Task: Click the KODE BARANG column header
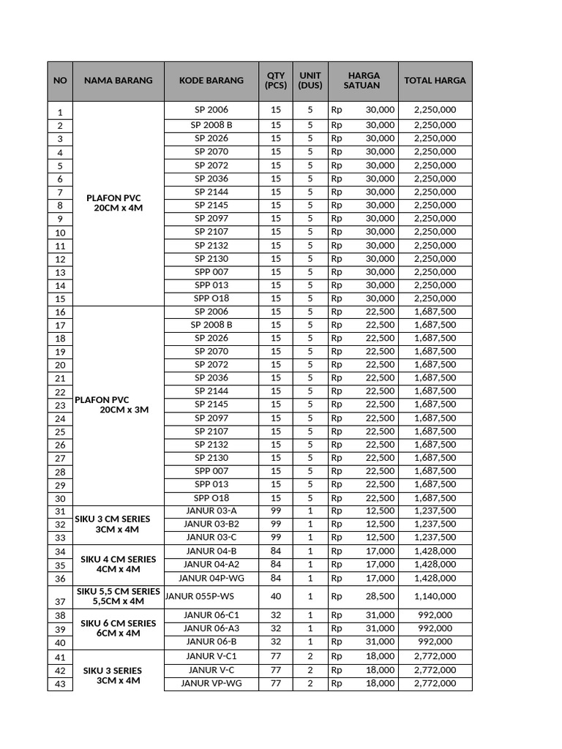(211, 80)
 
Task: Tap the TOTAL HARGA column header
(435, 80)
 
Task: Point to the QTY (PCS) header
(275, 80)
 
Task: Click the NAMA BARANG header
(118, 80)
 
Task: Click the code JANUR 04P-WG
(211, 578)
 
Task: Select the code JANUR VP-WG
(211, 683)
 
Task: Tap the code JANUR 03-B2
(211, 524)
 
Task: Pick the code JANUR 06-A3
(211, 628)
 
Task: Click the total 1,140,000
(435, 596)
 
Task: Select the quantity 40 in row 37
(275, 596)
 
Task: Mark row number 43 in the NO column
(60, 684)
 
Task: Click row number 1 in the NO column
(60, 112)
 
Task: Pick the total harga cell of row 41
(435, 656)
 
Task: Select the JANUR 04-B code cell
(211, 551)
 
